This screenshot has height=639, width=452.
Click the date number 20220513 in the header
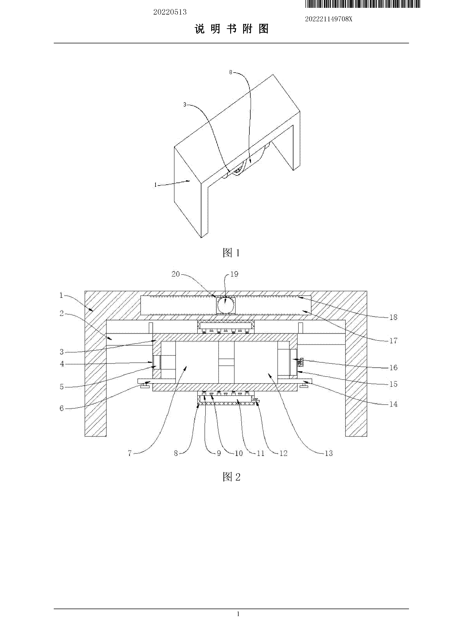point(170,12)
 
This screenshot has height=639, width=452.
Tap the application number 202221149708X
point(329,19)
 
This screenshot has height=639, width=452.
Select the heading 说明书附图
point(231,29)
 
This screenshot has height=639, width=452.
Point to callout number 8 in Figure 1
point(231,72)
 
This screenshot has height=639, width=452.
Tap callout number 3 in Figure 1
point(185,105)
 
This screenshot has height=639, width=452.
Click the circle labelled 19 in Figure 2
point(226,305)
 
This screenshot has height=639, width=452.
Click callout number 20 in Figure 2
point(176,274)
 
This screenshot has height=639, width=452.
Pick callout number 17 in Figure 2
point(393,340)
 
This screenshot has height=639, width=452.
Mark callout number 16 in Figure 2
point(393,367)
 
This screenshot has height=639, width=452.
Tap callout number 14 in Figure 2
point(393,404)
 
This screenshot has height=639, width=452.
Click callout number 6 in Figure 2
point(62,408)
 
